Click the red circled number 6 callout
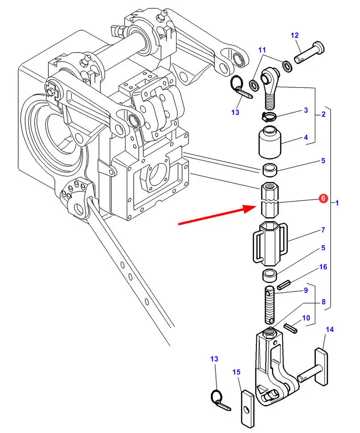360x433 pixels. coord(323,198)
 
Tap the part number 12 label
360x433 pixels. coord(295,35)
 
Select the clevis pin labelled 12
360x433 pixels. coord(309,52)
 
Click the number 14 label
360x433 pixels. coord(329,329)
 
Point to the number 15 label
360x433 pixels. coord(236,372)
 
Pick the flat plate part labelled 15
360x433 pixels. coord(247,409)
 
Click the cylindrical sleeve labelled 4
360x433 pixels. coord(270,142)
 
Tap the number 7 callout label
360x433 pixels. coord(323,230)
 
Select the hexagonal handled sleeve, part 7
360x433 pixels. coord(271,243)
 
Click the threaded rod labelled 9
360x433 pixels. coord(270,305)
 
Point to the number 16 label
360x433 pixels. coord(323,267)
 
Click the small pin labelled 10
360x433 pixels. coord(291,328)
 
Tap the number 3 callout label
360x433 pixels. coord(306,110)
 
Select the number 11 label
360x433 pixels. coord(262,50)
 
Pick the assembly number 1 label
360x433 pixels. coord(337,203)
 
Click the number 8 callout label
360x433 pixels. coord(323,302)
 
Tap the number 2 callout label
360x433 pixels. coord(323,114)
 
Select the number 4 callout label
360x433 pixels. coord(306,137)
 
